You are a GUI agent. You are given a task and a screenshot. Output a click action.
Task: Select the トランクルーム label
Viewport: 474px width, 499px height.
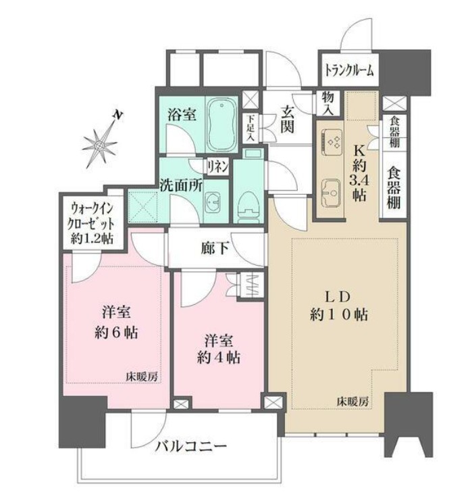click(x=349, y=69)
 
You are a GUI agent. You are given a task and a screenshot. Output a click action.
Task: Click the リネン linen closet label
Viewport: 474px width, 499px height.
click(x=218, y=165)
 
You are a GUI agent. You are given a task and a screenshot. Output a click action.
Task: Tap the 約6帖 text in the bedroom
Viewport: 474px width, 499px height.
click(x=117, y=334)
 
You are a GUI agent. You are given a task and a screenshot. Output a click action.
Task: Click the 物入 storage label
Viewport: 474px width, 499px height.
click(x=328, y=103)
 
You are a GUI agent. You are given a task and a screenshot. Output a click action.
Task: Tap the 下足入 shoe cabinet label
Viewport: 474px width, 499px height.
click(x=251, y=126)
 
